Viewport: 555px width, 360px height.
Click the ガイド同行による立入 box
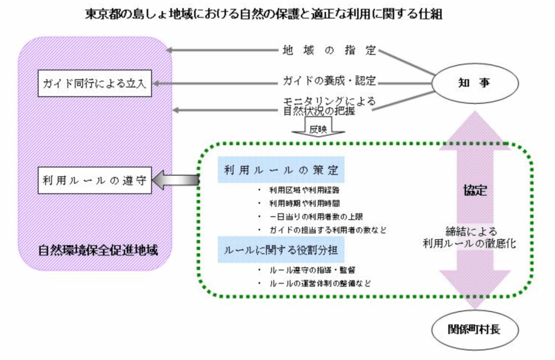click(95, 83)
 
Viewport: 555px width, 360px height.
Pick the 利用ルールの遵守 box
click(95, 182)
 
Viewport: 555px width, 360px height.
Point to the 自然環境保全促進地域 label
click(98, 250)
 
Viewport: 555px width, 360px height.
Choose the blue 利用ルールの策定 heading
click(281, 170)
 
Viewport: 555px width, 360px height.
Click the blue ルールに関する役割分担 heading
click(281, 250)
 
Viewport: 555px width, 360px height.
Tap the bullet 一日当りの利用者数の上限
click(317, 216)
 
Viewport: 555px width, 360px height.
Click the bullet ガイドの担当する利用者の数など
click(327, 230)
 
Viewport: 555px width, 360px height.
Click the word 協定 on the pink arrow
click(475, 190)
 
